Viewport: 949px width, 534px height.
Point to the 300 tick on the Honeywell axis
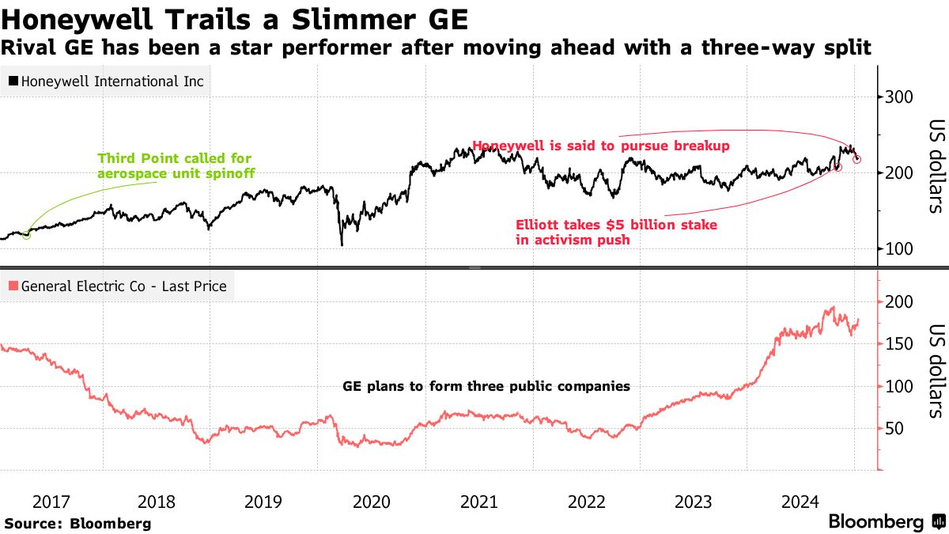899,97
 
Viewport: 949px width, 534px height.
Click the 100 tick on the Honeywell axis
899,248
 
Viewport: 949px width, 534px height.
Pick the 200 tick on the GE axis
899,302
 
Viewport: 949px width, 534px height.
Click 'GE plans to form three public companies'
486,387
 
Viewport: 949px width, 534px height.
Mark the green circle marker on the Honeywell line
27,234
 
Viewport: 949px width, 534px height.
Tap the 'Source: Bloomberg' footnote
78,523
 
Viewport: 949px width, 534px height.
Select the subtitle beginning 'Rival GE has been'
436,47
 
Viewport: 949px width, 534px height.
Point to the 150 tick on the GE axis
899,344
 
